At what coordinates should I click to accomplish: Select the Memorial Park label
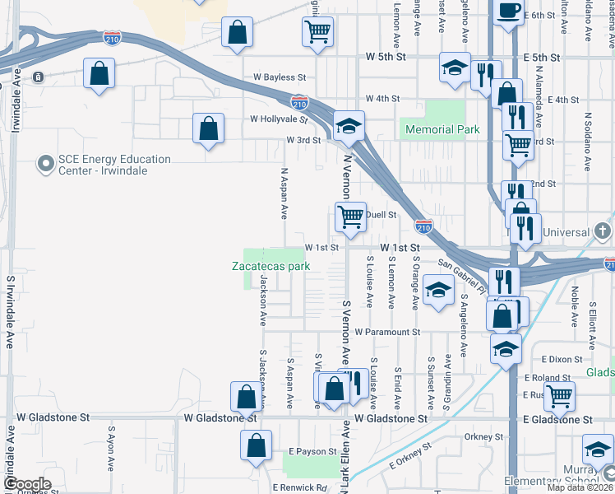point(438,129)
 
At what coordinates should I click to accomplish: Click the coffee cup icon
point(509,12)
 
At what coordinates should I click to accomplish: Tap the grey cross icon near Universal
point(603,231)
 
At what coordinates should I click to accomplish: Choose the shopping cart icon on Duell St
point(350,217)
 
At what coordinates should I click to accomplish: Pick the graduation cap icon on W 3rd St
point(349,126)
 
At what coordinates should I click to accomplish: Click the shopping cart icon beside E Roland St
point(560,395)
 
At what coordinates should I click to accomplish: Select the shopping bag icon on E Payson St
point(256,445)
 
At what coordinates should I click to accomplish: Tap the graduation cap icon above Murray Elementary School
point(598,450)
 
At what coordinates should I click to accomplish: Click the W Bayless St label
point(280,77)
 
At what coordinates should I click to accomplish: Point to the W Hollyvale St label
point(279,119)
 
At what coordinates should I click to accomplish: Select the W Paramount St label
point(387,333)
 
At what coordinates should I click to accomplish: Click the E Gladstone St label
point(558,420)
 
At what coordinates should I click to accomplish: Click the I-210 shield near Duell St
point(423,225)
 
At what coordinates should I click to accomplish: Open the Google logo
point(26,484)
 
